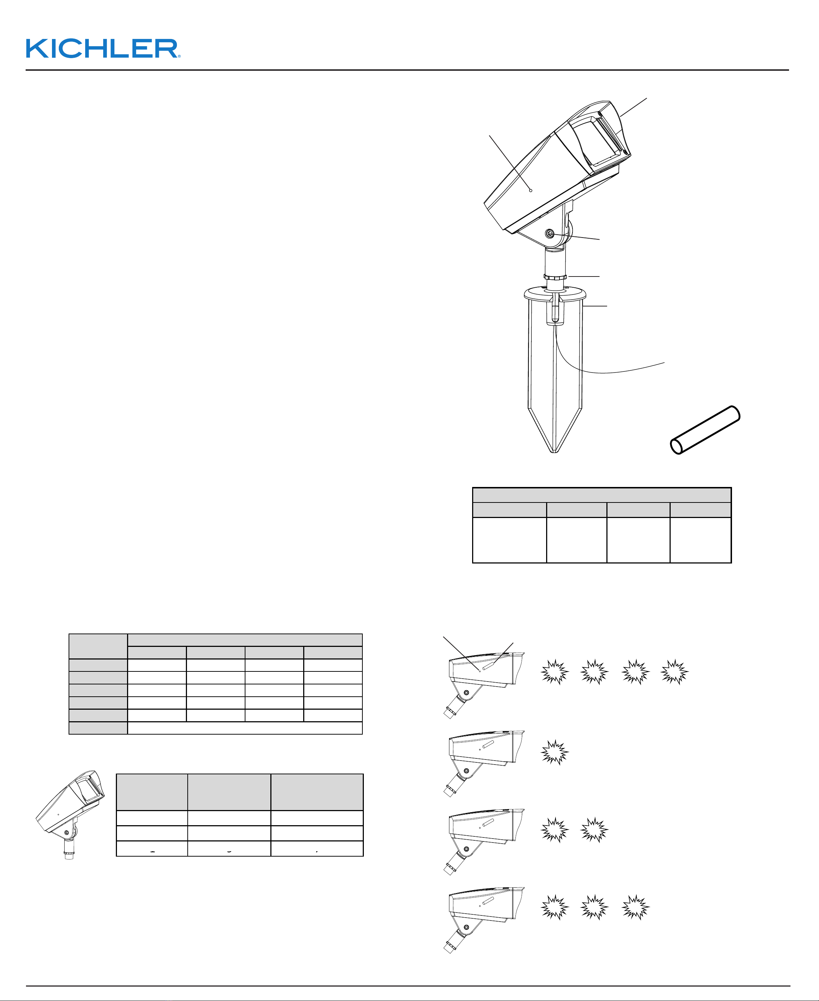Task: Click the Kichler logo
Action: (103, 49)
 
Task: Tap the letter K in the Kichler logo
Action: (36, 49)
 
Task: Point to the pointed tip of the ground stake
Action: (554, 452)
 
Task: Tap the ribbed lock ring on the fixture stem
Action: (555, 277)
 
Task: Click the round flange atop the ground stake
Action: (555, 294)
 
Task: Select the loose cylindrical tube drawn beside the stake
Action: (705, 430)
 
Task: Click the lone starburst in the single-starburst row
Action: (555, 752)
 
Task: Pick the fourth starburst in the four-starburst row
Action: (675, 672)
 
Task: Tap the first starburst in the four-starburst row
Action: (555, 672)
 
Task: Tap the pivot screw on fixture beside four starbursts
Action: (466, 692)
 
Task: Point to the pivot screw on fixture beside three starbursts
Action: (466, 927)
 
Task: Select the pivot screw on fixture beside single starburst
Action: (466, 771)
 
